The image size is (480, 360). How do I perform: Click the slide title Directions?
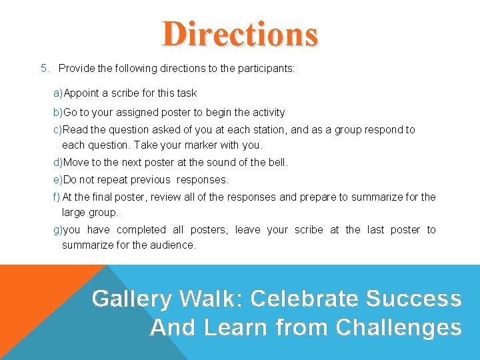click(240, 34)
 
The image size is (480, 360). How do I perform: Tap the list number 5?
click(44, 69)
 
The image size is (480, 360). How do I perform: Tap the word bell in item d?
click(277, 163)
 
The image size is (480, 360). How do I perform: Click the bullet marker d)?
click(58, 163)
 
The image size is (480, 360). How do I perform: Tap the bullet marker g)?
click(58, 230)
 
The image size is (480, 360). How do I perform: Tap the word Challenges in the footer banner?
click(399, 327)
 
